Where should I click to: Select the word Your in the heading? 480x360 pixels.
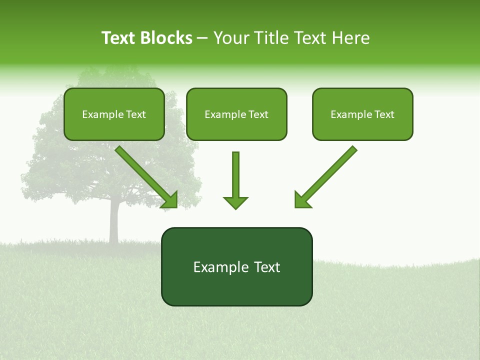coord(231,38)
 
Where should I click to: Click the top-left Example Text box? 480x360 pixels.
coord(114,114)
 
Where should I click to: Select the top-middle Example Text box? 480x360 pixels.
coord(236,114)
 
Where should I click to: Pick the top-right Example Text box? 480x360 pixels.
coord(362,114)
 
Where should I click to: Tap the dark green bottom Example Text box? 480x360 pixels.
coord(236,266)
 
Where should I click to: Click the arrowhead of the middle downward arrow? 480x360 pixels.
coord(235,202)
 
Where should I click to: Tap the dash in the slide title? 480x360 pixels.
coord(202,38)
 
